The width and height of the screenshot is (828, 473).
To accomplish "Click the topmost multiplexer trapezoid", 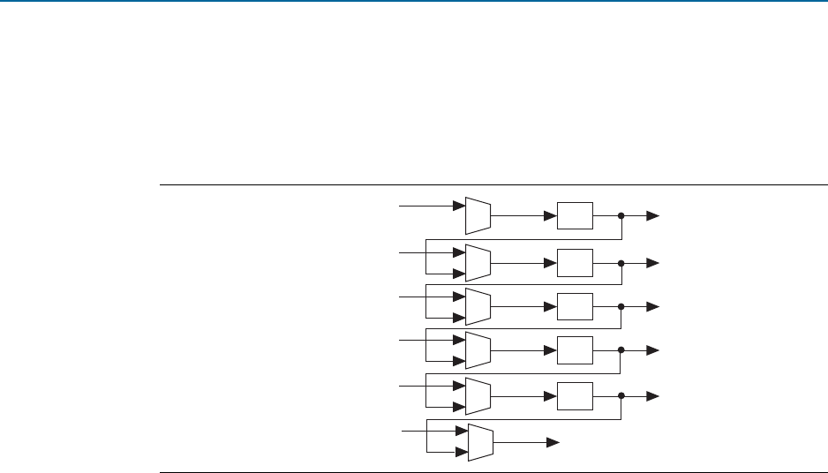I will coord(478,214).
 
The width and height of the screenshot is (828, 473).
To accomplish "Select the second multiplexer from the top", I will coord(478,262).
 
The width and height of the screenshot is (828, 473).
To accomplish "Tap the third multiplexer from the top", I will coord(478,306).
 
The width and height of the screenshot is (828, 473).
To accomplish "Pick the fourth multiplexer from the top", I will coord(478,350).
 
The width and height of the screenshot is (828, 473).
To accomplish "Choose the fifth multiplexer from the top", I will coord(478,395).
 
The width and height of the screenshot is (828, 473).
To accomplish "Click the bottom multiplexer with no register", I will coord(481,441).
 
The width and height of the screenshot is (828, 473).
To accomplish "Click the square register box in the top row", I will coord(575,215).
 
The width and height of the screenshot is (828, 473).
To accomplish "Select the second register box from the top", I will coord(575,262).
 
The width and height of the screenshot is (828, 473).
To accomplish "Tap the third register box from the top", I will coord(575,306).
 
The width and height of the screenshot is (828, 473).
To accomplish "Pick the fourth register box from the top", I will coord(575,350).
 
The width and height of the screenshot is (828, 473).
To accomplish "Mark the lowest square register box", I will coord(575,395).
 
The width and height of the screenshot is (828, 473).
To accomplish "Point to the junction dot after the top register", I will coord(621,215).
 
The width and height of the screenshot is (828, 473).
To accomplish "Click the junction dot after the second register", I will coord(621,263).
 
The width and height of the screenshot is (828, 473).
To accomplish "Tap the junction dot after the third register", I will coord(621,307).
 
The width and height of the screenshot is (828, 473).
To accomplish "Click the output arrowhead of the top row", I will coord(653,215).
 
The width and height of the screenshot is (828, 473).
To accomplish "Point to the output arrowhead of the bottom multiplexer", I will coord(553,441).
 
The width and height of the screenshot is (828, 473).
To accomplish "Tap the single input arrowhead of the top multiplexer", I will coord(459,206).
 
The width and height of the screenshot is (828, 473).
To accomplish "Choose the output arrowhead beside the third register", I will coord(653,307).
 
